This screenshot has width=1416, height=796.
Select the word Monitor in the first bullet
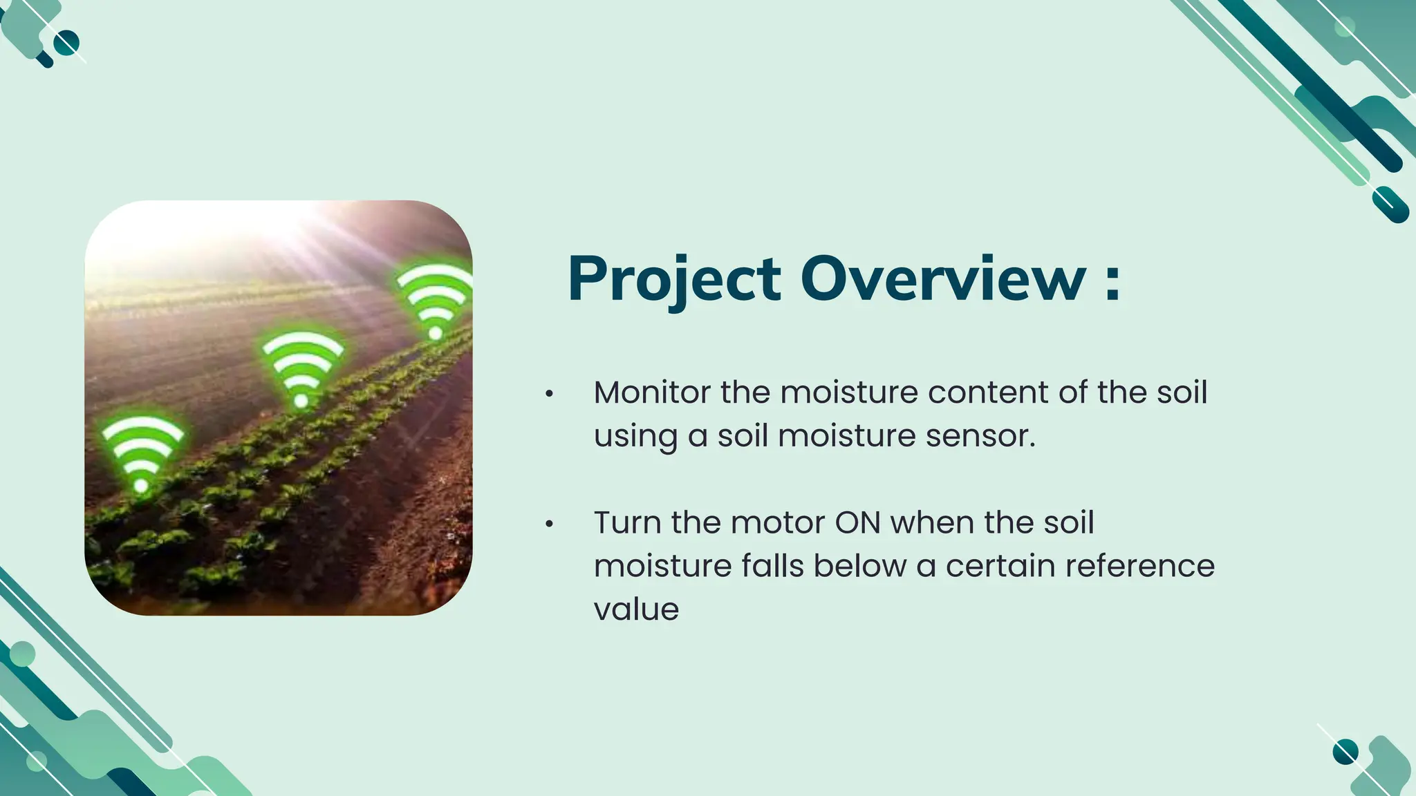pos(651,392)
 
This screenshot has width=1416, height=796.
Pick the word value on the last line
pos(636,609)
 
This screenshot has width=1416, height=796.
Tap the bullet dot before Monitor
pos(549,394)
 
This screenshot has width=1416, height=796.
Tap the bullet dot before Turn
pos(549,524)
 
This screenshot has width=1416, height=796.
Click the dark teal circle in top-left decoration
pos(66,43)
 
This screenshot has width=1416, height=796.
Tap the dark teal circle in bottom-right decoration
pos(1345,751)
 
